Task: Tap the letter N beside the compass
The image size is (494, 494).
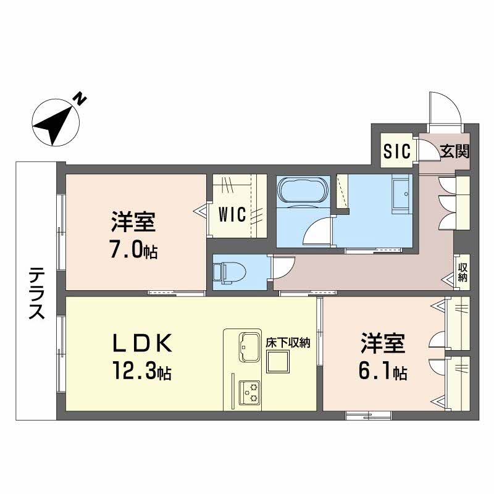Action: click(79, 99)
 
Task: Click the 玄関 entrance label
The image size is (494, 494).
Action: click(455, 151)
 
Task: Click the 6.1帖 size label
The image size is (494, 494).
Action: click(383, 373)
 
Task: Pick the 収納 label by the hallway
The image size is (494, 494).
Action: click(462, 272)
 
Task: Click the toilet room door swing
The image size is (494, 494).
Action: click(281, 267)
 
